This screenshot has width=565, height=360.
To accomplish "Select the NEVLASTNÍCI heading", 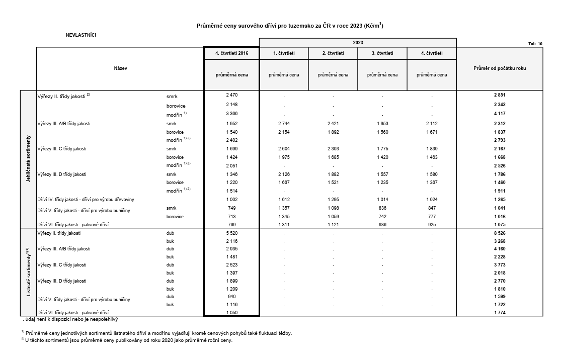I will click(81, 35).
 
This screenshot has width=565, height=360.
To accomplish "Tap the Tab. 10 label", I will click(535, 44).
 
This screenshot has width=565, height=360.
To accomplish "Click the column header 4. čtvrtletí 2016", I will click(231, 53).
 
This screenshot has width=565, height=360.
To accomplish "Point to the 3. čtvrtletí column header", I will click(382, 53).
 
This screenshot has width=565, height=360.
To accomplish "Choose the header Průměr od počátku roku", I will click(500, 68).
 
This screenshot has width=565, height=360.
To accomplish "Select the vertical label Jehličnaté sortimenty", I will click(29, 159).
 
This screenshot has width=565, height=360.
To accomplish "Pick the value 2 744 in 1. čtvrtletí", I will click(284, 123).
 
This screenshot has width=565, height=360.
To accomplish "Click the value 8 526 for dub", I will click(500, 233).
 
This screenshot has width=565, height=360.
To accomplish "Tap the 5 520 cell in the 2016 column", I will click(231, 233).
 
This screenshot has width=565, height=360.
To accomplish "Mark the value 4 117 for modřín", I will click(500, 114).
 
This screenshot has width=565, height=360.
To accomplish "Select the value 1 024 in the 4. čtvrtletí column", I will click(431, 200).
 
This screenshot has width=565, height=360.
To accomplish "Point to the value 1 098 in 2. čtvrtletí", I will click(333, 208).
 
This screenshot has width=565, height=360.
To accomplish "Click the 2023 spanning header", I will click(358, 43).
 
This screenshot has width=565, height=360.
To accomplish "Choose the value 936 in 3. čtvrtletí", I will click(382, 224).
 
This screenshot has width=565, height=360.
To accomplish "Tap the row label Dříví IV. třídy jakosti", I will click(86, 200).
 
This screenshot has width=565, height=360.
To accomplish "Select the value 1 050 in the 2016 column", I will click(231, 313).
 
